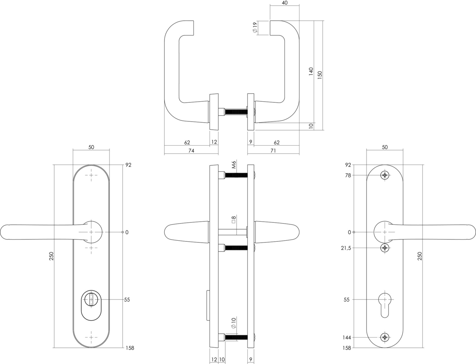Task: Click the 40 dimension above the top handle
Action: tap(284, 3)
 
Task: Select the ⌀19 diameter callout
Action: tap(255, 28)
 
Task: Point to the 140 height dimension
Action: tap(311, 72)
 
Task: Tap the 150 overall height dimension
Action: tap(320, 75)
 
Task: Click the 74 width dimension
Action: tap(191, 151)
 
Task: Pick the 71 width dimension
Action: tap(273, 151)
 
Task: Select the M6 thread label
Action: tap(234, 165)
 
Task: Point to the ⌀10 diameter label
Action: tap(234, 323)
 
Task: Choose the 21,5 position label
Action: tap(345, 248)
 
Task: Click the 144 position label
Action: tap(347, 338)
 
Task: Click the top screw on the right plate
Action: tap(385, 175)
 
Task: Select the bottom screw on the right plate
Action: tap(385, 338)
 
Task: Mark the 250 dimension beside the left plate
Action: tap(51, 256)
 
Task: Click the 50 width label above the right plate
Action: tap(385, 147)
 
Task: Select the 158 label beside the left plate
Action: tap(130, 348)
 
